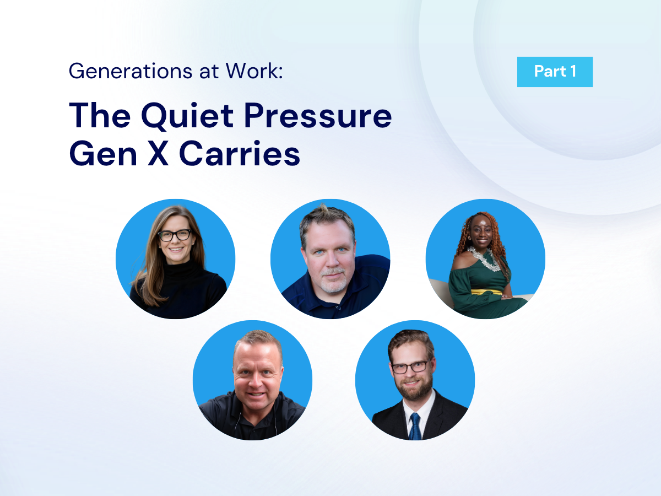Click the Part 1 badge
(555, 72)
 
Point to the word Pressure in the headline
(318, 116)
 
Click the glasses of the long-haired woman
(175, 235)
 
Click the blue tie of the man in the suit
(415, 427)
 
